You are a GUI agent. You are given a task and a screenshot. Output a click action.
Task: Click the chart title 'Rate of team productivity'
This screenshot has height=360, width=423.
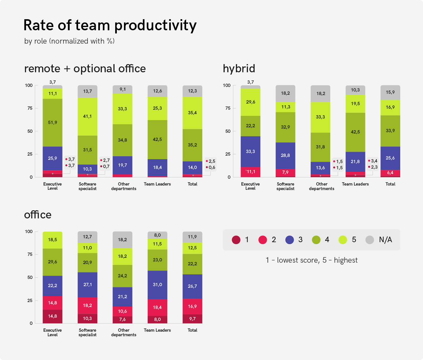110,25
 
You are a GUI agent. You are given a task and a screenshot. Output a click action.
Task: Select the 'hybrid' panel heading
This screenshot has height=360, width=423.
239,69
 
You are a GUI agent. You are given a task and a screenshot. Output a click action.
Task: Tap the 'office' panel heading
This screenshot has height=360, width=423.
38,215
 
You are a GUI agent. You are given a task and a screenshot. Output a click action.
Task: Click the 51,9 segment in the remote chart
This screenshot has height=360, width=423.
52,122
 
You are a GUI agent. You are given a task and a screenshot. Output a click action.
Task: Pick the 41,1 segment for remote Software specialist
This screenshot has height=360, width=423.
88,116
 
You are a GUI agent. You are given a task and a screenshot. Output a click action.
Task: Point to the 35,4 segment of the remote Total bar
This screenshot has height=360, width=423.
192,113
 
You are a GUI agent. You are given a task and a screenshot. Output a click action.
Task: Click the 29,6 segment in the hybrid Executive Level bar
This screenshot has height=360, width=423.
251,102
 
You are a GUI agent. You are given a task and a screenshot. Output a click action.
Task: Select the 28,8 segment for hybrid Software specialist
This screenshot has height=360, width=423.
285,155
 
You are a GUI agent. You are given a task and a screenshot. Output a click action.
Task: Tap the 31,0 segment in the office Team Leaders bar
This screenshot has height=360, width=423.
157,284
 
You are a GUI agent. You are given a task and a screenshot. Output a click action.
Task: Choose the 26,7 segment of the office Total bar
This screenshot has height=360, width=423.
192,286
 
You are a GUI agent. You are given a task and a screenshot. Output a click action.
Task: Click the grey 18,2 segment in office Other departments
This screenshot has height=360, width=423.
122,240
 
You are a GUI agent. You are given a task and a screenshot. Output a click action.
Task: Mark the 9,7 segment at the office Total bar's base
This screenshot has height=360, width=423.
192,319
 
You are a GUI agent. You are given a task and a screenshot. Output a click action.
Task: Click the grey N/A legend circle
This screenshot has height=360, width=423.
370,240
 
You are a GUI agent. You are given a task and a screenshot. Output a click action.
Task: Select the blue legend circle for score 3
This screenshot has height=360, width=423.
290,240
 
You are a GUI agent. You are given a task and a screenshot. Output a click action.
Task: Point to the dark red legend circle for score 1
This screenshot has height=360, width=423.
236,240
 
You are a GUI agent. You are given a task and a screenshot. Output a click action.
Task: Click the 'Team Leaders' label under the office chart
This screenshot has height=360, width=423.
157,330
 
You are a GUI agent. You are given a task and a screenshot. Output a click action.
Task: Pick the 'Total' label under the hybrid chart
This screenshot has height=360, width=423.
390,184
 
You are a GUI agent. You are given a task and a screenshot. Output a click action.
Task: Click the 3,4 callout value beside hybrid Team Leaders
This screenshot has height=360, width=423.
374,161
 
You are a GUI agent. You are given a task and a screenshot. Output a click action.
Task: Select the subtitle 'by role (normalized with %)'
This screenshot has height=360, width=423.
69,41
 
